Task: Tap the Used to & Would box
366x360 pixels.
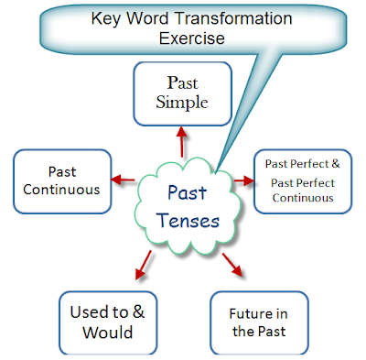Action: coord(101,320)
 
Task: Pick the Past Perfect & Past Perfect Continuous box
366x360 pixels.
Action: coord(303,180)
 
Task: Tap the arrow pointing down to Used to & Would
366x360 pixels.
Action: coord(139,268)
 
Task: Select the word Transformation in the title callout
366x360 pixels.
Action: coord(213,18)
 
